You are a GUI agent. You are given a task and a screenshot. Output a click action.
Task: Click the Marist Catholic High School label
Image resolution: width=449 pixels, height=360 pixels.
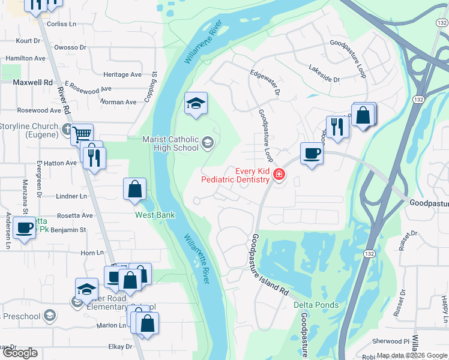coord(170,143)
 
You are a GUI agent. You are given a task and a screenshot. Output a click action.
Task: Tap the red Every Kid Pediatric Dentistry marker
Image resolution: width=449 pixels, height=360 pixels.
coord(279,175)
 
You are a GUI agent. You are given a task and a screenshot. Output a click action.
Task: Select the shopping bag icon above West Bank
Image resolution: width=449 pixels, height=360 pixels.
coord(135,190)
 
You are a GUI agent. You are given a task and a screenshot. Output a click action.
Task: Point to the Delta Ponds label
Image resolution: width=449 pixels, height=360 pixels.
coord(316,305)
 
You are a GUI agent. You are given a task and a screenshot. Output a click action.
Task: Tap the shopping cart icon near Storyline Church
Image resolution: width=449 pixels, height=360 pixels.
coord(82,134)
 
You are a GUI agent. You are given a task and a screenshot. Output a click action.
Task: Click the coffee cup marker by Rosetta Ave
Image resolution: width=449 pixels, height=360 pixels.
coord(25,229)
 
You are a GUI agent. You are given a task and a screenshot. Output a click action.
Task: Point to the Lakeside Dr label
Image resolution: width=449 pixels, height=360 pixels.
coord(324,75)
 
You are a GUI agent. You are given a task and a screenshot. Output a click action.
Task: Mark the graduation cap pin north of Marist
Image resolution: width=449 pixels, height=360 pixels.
coord(196,104)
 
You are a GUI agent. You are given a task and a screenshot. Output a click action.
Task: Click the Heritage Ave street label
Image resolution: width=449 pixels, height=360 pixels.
coord(122,74)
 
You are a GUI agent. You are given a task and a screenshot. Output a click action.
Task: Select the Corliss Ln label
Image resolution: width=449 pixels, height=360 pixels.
coord(62,24)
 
